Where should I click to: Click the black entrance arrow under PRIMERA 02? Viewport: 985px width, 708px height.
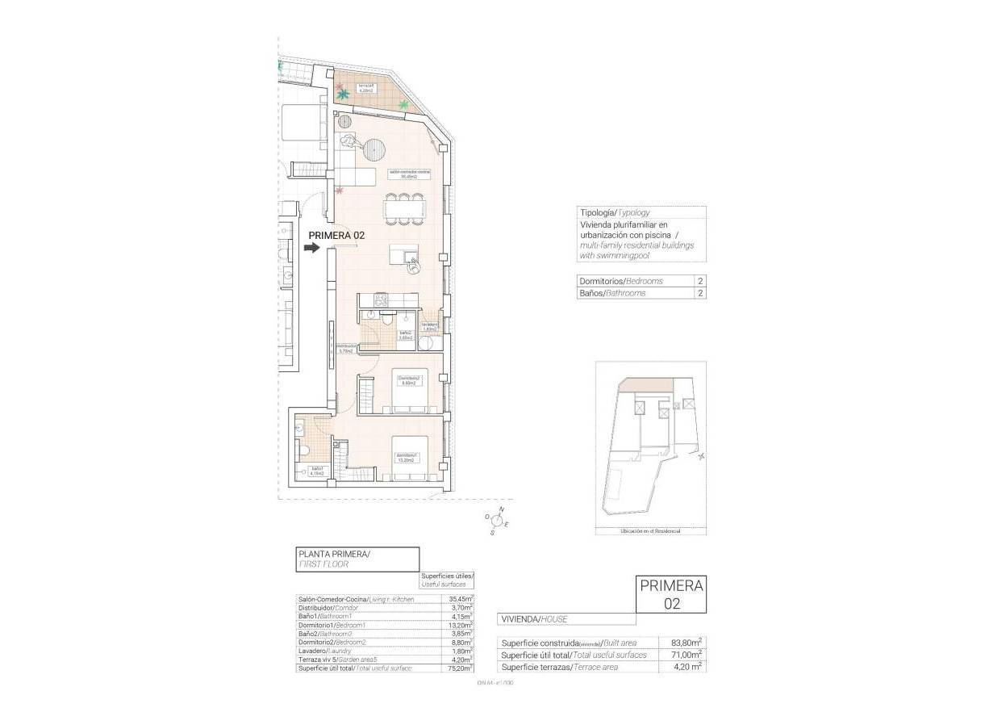point(311,248)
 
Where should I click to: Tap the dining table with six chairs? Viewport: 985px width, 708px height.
point(403,209)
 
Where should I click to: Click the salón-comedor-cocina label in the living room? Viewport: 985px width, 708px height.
point(409,174)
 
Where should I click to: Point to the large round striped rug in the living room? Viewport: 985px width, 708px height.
point(374,149)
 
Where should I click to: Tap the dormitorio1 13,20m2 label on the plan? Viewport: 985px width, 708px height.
point(406,457)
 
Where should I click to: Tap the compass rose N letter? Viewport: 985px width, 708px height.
point(502,510)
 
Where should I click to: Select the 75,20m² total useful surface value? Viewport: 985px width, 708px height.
point(460,668)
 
